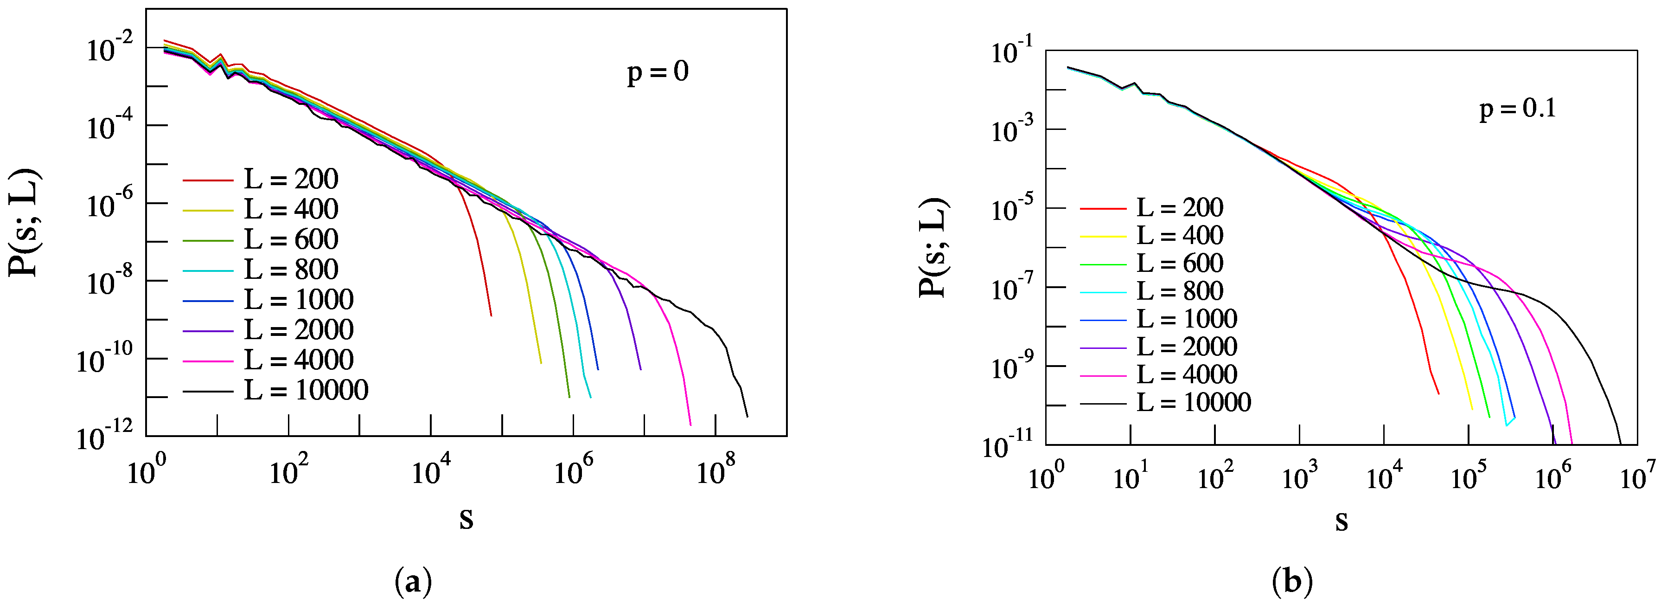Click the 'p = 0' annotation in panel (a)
658,71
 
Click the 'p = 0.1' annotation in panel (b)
1517,109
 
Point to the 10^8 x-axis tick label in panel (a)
715,471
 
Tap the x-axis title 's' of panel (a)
466,518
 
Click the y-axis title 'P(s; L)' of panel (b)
933,248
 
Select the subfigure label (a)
413,582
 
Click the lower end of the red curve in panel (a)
492,315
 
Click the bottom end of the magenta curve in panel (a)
690,425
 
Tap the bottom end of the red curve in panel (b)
1438,393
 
